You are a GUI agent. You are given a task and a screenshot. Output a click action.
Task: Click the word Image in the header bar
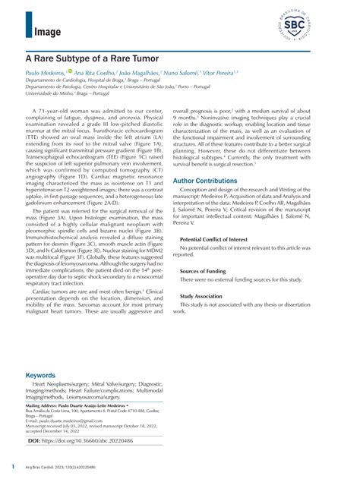tap(48, 31)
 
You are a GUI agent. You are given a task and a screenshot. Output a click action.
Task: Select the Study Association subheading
tap(203, 298)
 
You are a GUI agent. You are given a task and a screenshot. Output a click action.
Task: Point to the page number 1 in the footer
tap(13, 465)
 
